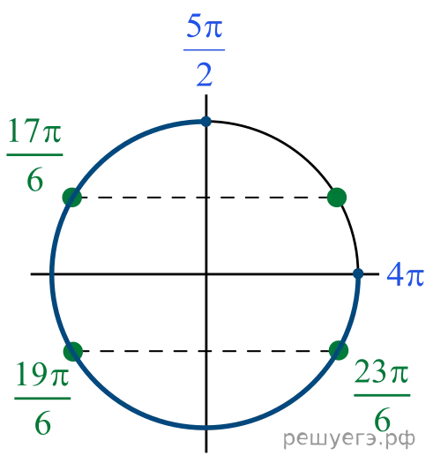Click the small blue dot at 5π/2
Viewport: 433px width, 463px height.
(x=206, y=122)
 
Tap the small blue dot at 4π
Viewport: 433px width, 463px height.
(x=358, y=273)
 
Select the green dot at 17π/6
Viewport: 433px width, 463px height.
(x=72, y=198)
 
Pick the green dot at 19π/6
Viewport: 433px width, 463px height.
(x=73, y=351)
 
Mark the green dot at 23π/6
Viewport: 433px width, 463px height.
(x=339, y=350)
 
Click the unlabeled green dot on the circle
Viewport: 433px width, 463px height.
(x=337, y=197)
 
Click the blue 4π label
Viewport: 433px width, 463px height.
(x=406, y=274)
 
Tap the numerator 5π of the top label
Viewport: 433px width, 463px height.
(x=205, y=26)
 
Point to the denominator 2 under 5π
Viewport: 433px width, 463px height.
(x=205, y=75)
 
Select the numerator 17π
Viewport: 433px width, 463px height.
(x=35, y=131)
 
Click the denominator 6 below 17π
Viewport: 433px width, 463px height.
(x=35, y=179)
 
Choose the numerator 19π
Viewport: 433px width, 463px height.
(x=42, y=374)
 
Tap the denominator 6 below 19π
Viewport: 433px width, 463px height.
(x=43, y=422)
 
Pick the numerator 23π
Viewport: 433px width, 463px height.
(x=382, y=371)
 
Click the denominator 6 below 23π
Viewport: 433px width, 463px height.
(x=382, y=419)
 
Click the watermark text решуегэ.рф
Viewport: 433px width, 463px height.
(x=349, y=439)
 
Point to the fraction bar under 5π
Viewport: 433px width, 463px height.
(x=204, y=50)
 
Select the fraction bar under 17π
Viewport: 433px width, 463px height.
(x=34, y=154)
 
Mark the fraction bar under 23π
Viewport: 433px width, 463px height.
(x=382, y=395)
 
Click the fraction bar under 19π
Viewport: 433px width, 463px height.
(x=42, y=398)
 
